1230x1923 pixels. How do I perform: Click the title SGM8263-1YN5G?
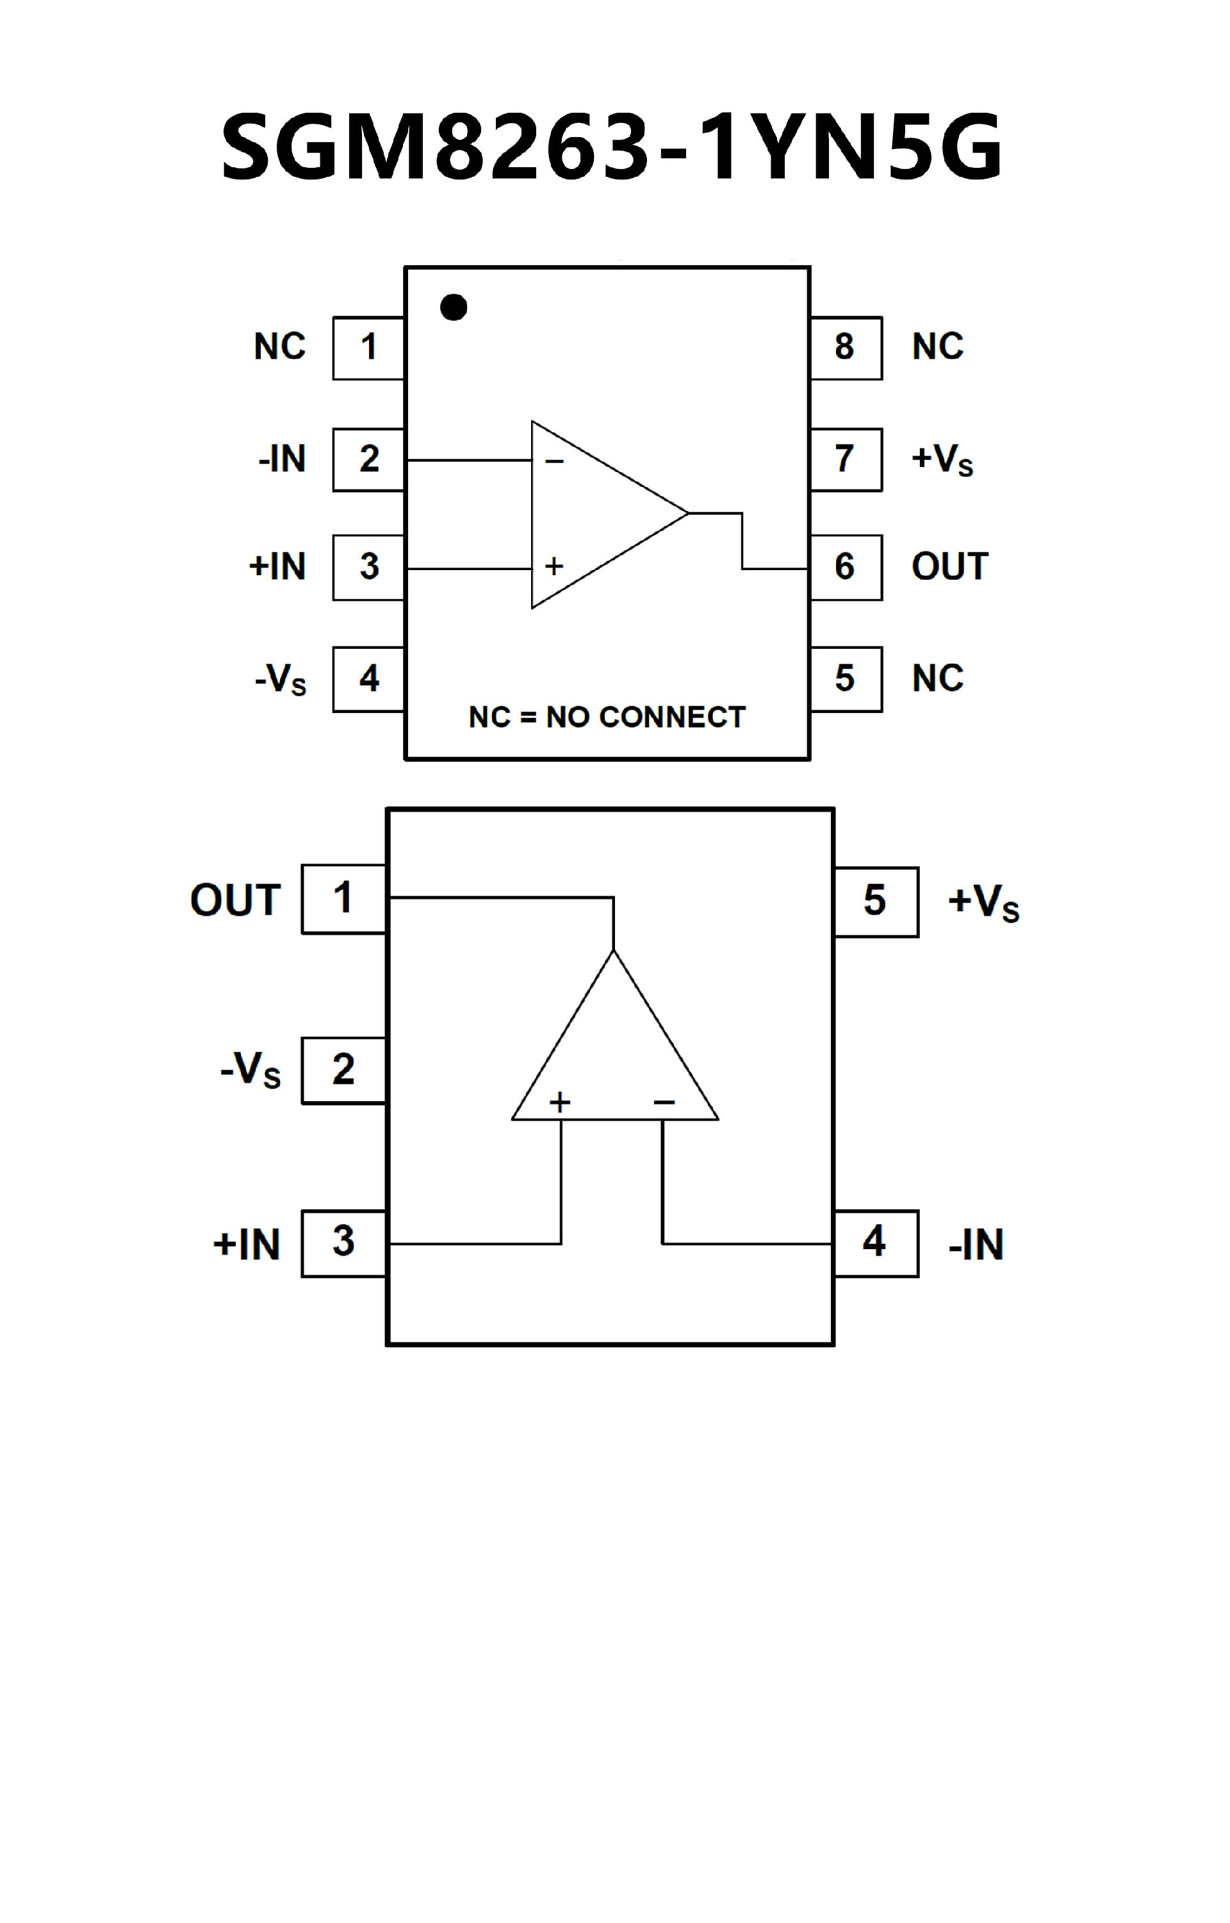tap(611, 147)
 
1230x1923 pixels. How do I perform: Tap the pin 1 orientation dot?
tap(454, 307)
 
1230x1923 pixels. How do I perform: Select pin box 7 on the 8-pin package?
tap(845, 459)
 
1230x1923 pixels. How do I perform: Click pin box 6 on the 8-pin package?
tap(845, 567)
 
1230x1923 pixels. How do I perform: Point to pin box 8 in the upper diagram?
tap(845, 347)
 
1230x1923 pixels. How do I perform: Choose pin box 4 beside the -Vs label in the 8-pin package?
tap(368, 679)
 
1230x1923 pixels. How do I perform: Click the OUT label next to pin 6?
tap(949, 567)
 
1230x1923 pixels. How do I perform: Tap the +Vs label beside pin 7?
tap(942, 460)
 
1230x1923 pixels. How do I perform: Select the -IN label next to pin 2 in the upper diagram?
tap(282, 459)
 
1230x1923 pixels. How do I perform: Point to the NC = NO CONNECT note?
tap(607, 717)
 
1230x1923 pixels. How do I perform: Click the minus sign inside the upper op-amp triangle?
tap(554, 462)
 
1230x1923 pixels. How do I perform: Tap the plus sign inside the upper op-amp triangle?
tap(554, 567)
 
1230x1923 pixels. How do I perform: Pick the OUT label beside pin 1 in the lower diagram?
tap(236, 900)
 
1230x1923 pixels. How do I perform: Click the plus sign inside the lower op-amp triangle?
tap(560, 1103)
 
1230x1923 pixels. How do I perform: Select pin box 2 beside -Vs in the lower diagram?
tap(343, 1070)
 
